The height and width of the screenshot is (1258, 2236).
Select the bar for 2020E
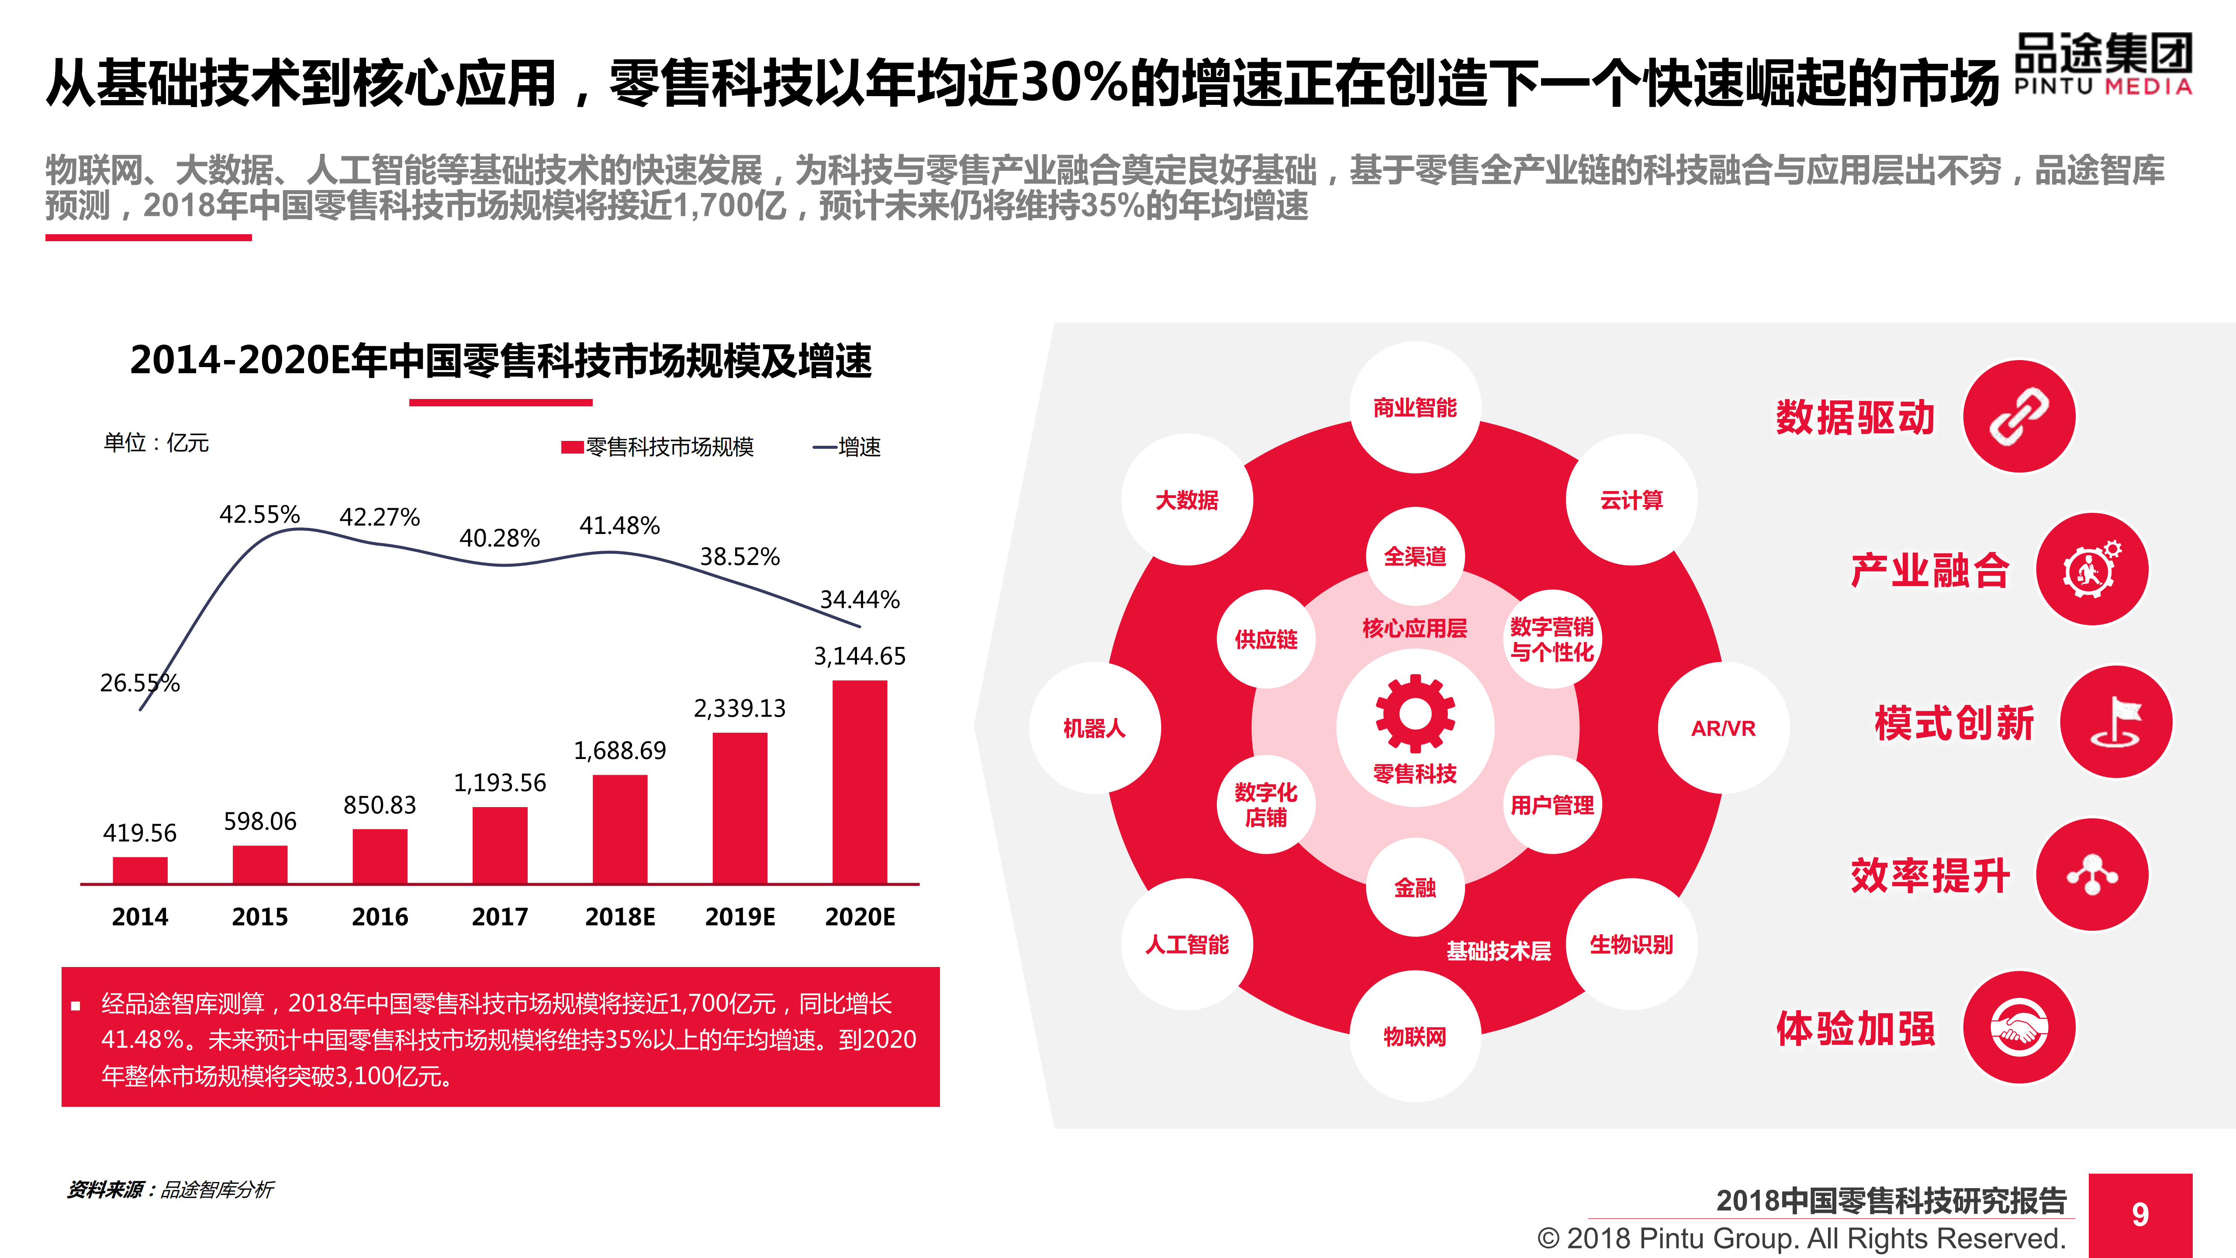(x=859, y=781)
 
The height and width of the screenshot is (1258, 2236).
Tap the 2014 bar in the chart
(x=140, y=870)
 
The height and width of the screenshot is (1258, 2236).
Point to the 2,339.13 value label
(x=740, y=708)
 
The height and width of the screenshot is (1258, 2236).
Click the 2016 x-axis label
(x=379, y=917)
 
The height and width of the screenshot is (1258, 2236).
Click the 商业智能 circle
(x=1415, y=407)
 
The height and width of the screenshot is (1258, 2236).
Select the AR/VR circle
(x=1723, y=728)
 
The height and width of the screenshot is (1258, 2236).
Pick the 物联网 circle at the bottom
(x=1415, y=1036)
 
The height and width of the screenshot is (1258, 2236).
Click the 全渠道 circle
(x=1415, y=556)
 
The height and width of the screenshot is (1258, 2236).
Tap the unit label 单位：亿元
(x=156, y=443)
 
